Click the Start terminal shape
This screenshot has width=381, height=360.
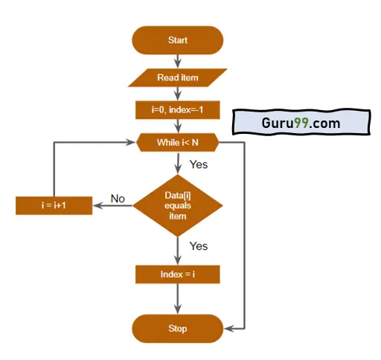178,40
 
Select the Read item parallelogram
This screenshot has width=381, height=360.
178,77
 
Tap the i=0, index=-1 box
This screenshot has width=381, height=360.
178,110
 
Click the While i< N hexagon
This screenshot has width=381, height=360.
178,142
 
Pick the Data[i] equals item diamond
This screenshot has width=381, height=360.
178,205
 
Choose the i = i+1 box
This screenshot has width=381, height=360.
54,205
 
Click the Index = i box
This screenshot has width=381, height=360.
178,274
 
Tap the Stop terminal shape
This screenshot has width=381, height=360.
178,329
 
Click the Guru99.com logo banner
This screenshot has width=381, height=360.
301,123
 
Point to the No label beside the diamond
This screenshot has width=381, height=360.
118,199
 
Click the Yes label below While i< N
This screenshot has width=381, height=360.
199,164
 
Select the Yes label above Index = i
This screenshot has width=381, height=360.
199,246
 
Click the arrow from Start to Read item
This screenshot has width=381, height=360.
178,62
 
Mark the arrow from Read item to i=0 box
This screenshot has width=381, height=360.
178,94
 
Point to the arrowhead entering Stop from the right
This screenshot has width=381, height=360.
228,329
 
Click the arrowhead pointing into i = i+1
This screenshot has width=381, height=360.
97,205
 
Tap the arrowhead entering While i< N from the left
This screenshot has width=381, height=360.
131,142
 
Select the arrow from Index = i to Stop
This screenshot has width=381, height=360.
178,299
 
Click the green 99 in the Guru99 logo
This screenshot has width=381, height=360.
301,123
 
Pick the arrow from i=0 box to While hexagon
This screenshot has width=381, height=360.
178,126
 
